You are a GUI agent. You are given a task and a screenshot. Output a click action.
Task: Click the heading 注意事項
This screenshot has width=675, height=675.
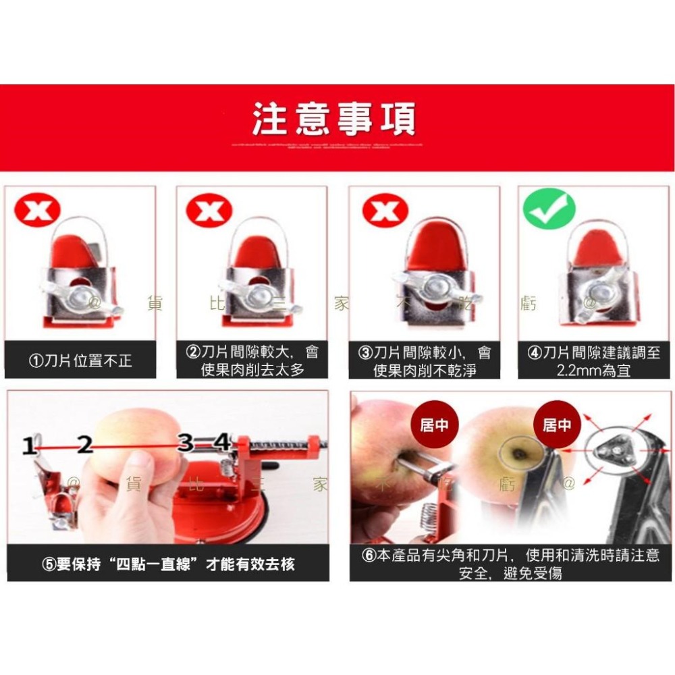pyautogui.click(x=334, y=119)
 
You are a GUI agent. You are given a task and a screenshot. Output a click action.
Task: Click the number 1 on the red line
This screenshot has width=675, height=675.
pyautogui.click(x=28, y=446)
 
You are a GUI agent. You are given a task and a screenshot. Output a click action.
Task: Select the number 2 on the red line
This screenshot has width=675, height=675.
pyautogui.click(x=84, y=445)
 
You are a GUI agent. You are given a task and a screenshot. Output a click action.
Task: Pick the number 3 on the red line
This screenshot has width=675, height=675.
pyautogui.click(x=186, y=443)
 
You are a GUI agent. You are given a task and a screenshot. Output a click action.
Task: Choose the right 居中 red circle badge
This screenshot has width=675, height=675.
pyautogui.click(x=556, y=425)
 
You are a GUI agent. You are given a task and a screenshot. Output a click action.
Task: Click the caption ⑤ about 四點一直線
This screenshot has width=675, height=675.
pyautogui.click(x=169, y=564)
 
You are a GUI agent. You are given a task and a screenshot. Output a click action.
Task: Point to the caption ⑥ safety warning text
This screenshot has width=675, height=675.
pyautogui.click(x=510, y=564)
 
